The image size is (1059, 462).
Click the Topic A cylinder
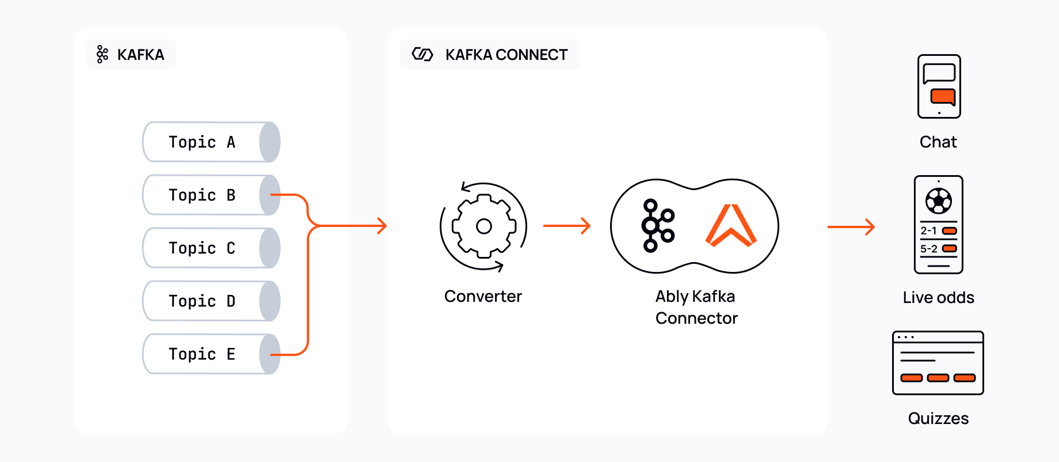click(x=211, y=142)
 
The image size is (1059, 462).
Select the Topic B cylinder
click(x=211, y=195)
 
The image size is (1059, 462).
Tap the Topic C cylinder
click(x=211, y=248)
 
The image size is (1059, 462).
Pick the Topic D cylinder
click(x=211, y=301)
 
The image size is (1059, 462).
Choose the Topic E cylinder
click(x=211, y=354)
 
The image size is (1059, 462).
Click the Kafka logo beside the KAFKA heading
click(x=102, y=55)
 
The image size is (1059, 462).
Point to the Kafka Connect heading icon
click(x=422, y=55)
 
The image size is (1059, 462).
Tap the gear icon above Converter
click(x=483, y=226)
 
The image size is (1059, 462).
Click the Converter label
click(x=483, y=296)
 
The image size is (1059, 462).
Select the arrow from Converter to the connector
click(x=567, y=226)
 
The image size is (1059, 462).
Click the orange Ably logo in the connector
click(x=731, y=225)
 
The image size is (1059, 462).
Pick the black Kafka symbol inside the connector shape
click(x=657, y=225)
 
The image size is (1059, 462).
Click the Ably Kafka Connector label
click(x=696, y=307)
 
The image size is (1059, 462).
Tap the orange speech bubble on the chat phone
click(x=943, y=96)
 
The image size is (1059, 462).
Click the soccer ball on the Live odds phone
click(x=939, y=200)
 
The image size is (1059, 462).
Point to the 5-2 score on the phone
click(x=929, y=249)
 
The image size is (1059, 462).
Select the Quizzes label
click(x=938, y=418)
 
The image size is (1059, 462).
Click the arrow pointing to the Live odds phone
click(x=851, y=227)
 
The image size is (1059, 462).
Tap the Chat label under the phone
click(x=938, y=142)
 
